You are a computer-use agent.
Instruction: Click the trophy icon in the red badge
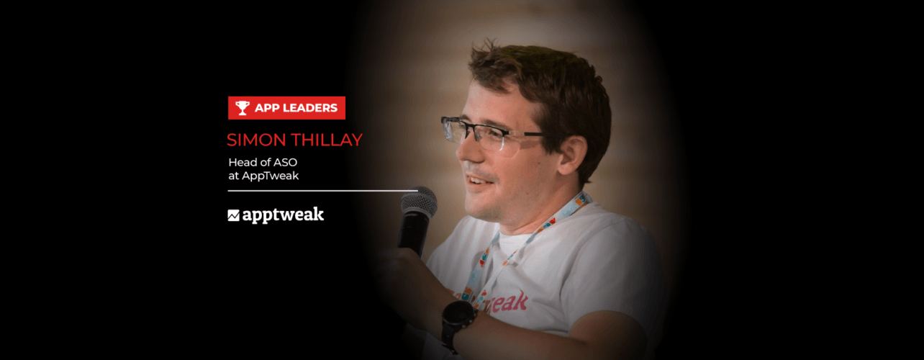[242, 108]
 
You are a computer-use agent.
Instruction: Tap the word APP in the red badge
[265, 108]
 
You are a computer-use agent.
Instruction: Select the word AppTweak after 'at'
[270, 176]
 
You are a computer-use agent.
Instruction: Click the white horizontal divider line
[323, 191]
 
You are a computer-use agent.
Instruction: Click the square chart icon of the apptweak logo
[233, 215]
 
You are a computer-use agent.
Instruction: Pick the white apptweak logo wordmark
[283, 215]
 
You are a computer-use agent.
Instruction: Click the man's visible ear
[571, 155]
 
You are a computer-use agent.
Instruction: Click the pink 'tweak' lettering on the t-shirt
[506, 302]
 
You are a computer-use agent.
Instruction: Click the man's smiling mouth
[479, 181]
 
